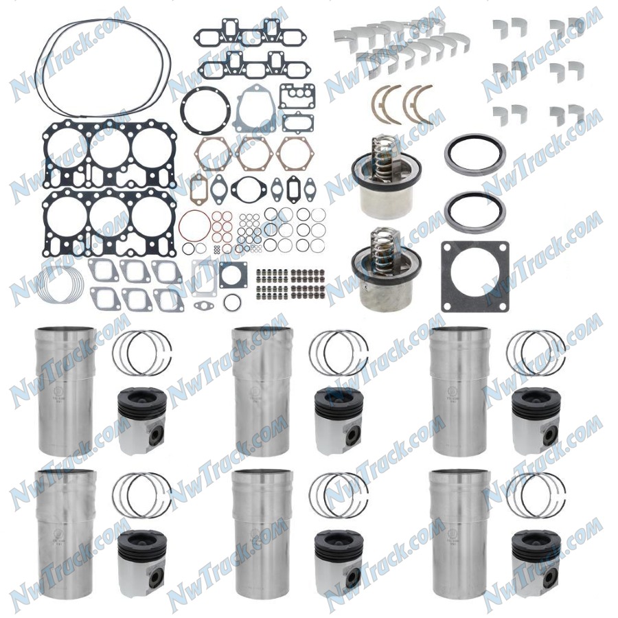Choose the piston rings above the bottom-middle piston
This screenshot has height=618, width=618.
pyautogui.click(x=339, y=495)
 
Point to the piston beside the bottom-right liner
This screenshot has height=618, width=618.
pyautogui.click(x=536, y=565)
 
